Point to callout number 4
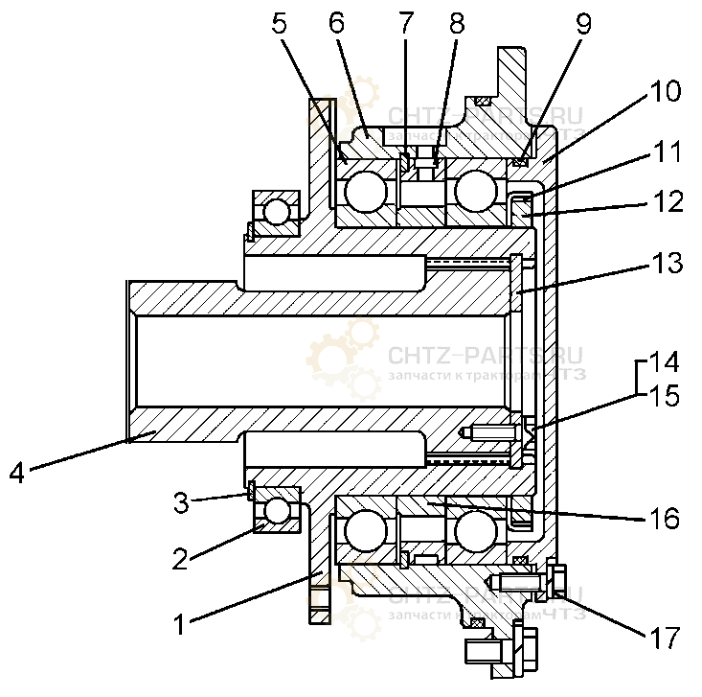(18, 473)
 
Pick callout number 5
(279, 25)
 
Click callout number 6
(336, 25)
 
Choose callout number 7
(405, 25)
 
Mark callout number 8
(456, 25)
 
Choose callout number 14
(664, 362)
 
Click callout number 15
(664, 395)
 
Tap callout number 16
(664, 519)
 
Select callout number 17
(664, 637)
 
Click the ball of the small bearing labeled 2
(278, 511)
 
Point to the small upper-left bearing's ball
(276, 210)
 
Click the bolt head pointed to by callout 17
(556, 579)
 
